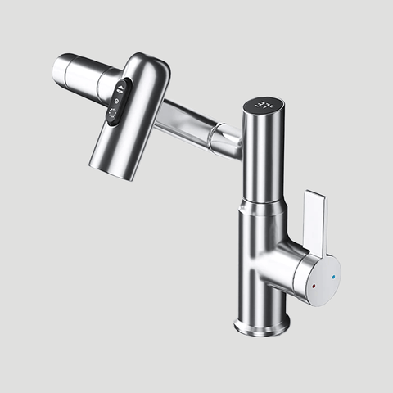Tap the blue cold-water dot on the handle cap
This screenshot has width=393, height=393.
(x=332, y=278)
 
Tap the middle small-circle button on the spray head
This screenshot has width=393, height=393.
(x=117, y=102)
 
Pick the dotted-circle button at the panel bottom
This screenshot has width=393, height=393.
(x=112, y=116)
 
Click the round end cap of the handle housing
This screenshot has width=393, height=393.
(x=324, y=278)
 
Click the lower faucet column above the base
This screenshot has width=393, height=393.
(x=260, y=262)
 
